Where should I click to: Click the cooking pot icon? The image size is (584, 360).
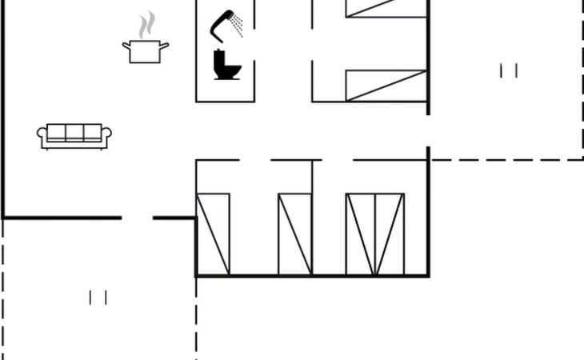tap(146, 51)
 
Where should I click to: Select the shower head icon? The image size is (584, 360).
tap(223, 23)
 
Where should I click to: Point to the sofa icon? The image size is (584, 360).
tap(74, 135)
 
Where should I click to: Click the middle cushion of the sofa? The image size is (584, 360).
tap(74, 133)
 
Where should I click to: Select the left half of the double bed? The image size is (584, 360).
tap(360, 234)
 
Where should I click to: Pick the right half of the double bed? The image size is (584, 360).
tap(390, 234)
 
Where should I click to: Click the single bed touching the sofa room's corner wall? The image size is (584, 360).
tap(213, 234)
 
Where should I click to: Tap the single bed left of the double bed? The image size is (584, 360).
tap(294, 234)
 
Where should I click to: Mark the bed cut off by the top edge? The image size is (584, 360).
tap(386, 8)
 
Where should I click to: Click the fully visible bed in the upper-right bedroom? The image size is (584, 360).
tap(386, 86)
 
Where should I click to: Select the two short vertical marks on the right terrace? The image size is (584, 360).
tap(509, 71)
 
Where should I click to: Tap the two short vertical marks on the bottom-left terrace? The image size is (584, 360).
tap(98, 298)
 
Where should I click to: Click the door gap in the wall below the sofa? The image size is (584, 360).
tap(137, 217)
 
